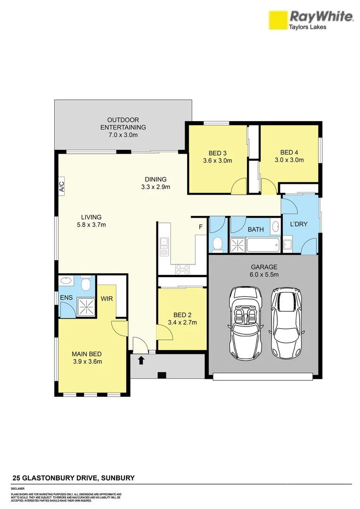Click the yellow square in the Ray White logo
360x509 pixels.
click(x=278, y=20)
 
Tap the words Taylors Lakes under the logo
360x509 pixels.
click(x=307, y=27)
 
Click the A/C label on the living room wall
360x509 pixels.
click(x=61, y=187)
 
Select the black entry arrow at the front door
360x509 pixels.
click(x=140, y=361)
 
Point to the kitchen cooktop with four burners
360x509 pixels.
click(x=182, y=269)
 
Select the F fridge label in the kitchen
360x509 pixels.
click(x=200, y=228)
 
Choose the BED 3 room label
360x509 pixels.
click(x=218, y=153)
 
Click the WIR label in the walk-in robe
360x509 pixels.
click(x=106, y=298)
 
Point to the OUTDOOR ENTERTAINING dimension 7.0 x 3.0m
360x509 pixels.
click(x=123, y=135)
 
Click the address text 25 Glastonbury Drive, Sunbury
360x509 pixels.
click(x=73, y=478)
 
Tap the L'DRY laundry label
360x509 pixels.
click(x=298, y=224)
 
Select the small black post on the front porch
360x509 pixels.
click(x=162, y=375)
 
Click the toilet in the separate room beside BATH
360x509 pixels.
click(x=218, y=244)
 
